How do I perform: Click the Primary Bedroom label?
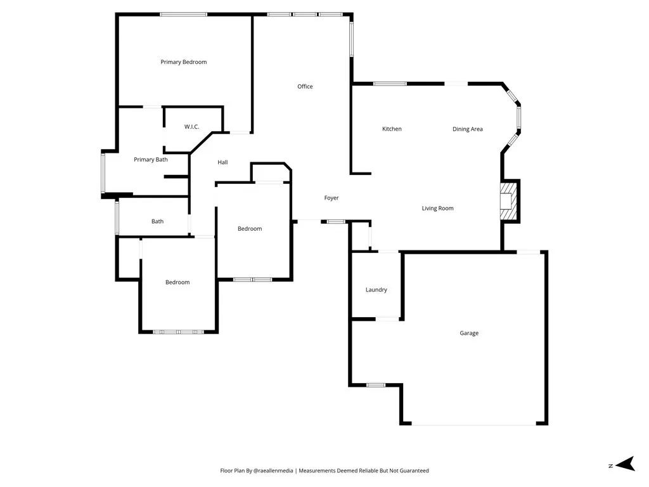[183, 62]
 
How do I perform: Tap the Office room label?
[305, 86]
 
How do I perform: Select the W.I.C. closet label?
[191, 127]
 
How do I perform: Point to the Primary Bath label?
[151, 160]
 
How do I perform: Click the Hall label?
[222, 162]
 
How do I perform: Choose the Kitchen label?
[392, 129]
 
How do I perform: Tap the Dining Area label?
[468, 129]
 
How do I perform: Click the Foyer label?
[331, 198]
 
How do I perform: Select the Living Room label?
[438, 208]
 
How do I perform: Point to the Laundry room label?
[376, 290]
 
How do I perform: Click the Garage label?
[469, 333]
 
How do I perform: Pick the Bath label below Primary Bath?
[157, 221]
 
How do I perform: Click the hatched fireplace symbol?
[509, 201]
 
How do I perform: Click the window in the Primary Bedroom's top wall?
[183, 14]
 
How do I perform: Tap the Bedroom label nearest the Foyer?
[250, 229]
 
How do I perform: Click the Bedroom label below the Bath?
[177, 282]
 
